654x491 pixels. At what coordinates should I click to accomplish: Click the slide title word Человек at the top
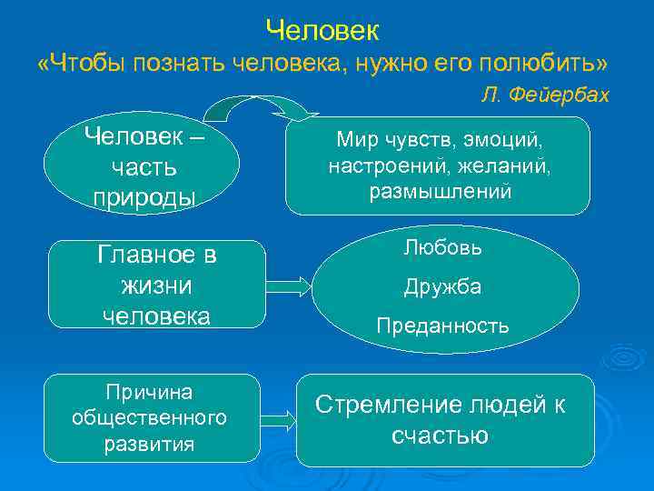click(322, 30)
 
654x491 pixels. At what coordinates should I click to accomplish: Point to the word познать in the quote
click(183, 64)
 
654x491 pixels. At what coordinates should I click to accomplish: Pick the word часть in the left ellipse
click(144, 168)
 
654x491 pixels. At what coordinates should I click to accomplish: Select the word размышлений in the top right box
click(441, 192)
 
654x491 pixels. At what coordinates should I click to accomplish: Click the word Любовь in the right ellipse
click(443, 247)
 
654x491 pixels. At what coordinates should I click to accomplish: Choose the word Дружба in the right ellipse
click(443, 286)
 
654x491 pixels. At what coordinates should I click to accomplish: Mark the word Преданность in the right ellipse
click(443, 326)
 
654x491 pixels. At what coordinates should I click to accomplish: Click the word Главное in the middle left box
click(156, 255)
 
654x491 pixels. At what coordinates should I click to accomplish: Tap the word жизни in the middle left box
click(156, 286)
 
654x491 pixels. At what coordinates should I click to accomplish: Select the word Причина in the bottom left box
click(149, 392)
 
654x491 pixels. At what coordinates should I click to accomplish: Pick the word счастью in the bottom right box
click(440, 436)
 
